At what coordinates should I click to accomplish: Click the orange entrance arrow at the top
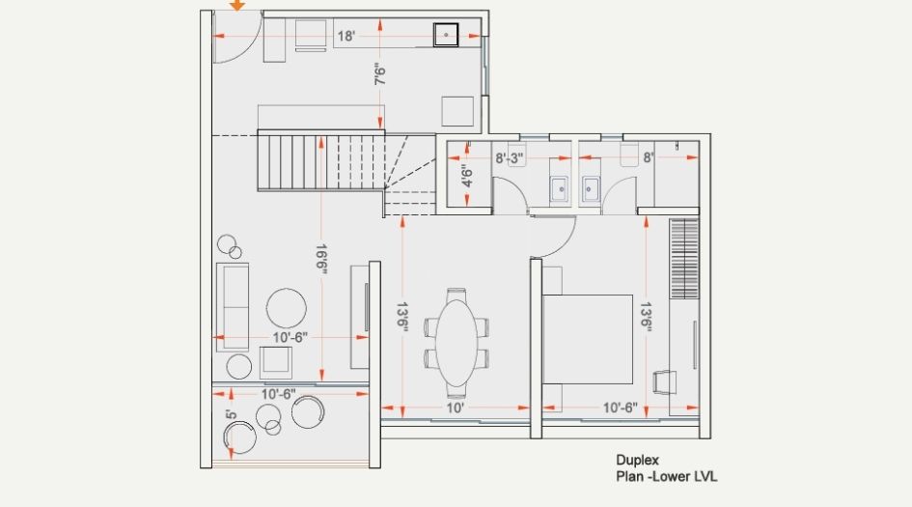pos(236,5)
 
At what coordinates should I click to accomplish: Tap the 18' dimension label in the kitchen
pos(345,37)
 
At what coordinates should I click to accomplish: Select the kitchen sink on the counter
pos(447,34)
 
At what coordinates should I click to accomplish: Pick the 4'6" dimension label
pos(467,178)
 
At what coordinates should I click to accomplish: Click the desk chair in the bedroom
pos(665,381)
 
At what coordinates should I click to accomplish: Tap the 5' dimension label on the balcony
pos(231,416)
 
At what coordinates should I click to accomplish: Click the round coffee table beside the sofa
pos(287,308)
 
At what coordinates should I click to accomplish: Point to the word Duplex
pos(637,461)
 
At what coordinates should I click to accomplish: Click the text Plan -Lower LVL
pos(666,477)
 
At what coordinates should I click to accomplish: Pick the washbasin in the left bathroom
pos(560,187)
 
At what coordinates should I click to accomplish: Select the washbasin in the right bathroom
pos(592,187)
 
